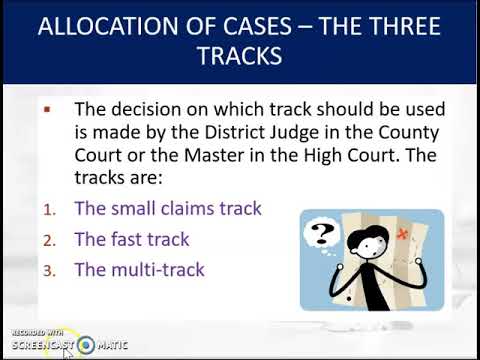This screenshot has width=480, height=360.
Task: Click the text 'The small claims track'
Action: pos(167,209)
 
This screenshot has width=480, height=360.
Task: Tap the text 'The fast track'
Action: pos(131,240)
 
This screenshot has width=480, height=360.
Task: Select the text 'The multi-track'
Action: pos(139,270)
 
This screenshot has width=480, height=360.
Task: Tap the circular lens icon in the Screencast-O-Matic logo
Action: pos(87,345)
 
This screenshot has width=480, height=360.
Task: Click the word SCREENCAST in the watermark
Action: pos(40,345)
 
